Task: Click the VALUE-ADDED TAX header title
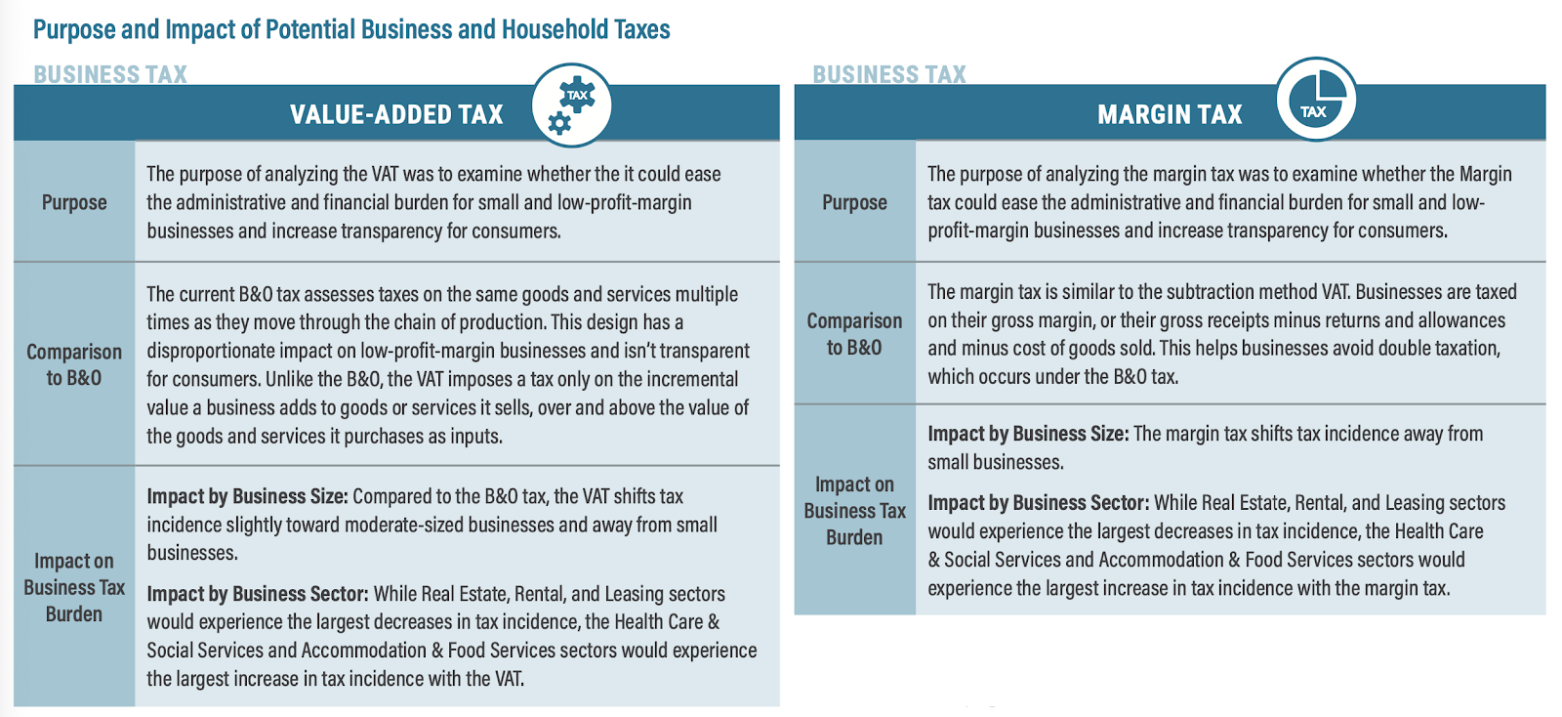coord(396,114)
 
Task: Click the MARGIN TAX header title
coord(1170,114)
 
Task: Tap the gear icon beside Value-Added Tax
coord(571,105)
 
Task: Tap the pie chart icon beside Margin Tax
coord(1316,98)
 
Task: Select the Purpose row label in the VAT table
coord(74,202)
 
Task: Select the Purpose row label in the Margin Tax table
coord(854,202)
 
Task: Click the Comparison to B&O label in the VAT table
coord(74,364)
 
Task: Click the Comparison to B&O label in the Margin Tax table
coord(854,334)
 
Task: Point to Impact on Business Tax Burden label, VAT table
coord(74,587)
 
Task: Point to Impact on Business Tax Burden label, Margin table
coord(854,511)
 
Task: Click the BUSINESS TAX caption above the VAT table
coord(110,74)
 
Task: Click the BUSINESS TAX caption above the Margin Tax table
coord(889,74)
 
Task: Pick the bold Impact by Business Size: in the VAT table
coord(247,496)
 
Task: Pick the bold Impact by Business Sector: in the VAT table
coord(257,594)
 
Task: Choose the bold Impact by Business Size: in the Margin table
coord(1028,434)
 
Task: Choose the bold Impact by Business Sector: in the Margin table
coord(1038,503)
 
